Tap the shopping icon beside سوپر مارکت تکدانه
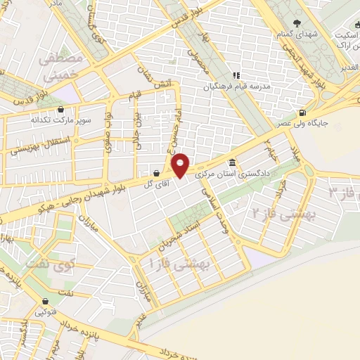click(x=61, y=110)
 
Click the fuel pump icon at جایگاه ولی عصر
click(x=302, y=113)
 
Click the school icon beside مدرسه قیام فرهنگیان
click(x=238, y=75)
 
